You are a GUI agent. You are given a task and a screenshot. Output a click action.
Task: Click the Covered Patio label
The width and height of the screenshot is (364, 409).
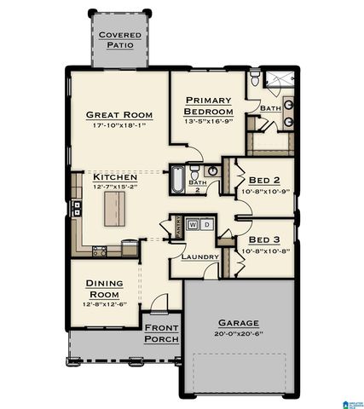pos(119,39)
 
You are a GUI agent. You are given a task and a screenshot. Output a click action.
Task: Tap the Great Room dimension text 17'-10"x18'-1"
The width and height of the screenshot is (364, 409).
pos(119,126)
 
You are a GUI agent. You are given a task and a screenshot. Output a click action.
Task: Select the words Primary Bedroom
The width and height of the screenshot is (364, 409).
pos(208,106)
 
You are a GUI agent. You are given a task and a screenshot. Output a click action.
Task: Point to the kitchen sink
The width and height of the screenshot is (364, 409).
pos(78,207)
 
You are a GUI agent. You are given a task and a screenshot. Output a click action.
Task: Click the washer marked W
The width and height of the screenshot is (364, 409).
pos(193,224)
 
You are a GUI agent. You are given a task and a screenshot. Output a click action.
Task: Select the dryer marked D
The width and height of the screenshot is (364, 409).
pos(206,224)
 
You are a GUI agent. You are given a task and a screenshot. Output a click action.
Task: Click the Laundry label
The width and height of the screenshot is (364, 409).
pos(200,256)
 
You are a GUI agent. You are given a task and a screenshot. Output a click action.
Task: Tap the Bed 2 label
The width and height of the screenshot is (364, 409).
pos(265,180)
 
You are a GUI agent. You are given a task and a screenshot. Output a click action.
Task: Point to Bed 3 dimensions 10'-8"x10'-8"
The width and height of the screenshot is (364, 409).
pos(265,251)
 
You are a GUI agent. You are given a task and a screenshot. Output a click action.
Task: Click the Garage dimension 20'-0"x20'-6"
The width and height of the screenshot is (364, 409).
pos(238,335)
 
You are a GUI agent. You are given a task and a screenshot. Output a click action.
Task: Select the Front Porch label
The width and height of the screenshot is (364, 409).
pos(161,333)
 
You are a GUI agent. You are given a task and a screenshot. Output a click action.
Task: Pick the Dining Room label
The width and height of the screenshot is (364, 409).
pos(101,289)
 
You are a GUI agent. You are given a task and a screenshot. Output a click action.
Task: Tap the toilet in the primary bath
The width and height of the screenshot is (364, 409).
pos(254,83)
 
